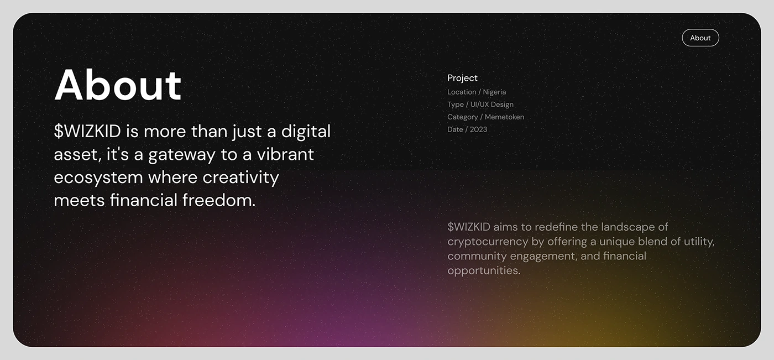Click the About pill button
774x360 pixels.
pyautogui.click(x=700, y=38)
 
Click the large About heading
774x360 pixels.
pyautogui.click(x=118, y=85)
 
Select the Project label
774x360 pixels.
pyautogui.click(x=462, y=79)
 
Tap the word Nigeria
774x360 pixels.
pyautogui.click(x=494, y=92)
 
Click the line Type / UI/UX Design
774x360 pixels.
pyautogui.click(x=480, y=105)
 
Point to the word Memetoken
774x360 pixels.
pyautogui.click(x=504, y=117)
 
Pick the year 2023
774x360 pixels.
pyautogui.click(x=479, y=129)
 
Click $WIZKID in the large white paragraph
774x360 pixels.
pyautogui.click(x=87, y=131)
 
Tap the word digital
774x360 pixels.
pyautogui.click(x=306, y=132)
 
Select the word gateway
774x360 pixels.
pyautogui.click(x=182, y=155)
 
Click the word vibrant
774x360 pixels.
pyautogui.click(x=285, y=154)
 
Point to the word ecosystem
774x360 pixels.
pyautogui.click(x=98, y=178)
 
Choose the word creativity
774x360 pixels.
pyautogui.click(x=240, y=178)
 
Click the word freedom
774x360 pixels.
pyautogui.click(x=219, y=200)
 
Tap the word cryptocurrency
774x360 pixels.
pyautogui.click(x=488, y=242)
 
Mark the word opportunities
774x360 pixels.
pyautogui.click(x=484, y=271)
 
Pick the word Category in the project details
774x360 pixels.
pyautogui.click(x=463, y=117)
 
